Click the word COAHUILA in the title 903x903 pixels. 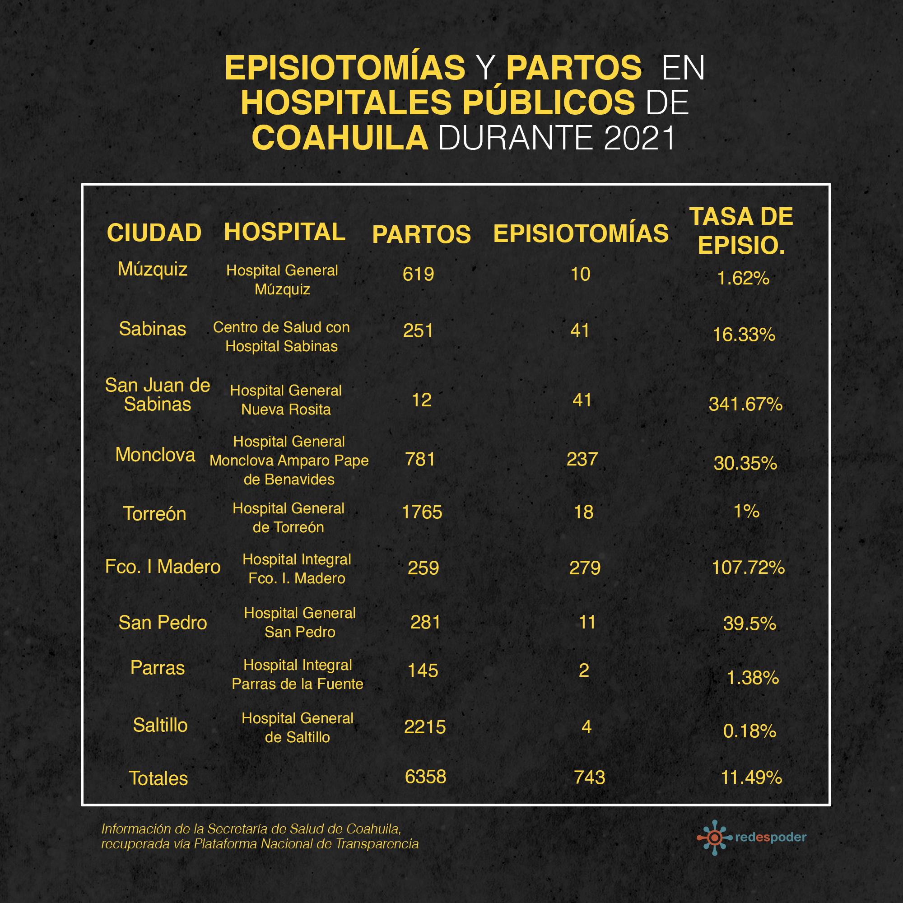[340, 138]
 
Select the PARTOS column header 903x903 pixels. [421, 234]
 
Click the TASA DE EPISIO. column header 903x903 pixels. [741, 231]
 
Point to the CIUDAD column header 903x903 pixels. [154, 233]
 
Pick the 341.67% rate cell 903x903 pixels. [745, 404]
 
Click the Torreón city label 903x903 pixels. [155, 514]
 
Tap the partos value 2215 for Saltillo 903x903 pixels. [424, 727]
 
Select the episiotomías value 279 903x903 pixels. [584, 568]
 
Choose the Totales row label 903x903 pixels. [158, 778]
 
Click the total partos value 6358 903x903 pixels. [425, 777]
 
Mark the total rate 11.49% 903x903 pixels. [751, 778]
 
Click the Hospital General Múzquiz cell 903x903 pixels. [282, 279]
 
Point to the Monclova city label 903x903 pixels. [155, 455]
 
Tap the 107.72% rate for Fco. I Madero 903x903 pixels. [748, 568]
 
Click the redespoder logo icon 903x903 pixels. [714, 838]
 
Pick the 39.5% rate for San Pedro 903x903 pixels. [749, 624]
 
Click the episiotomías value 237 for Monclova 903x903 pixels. [582, 460]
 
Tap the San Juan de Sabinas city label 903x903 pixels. [158, 395]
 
